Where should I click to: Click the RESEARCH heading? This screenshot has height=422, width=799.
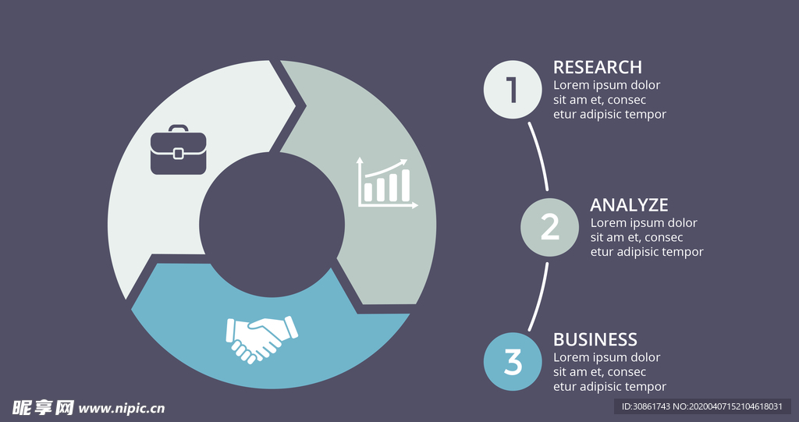click(x=598, y=67)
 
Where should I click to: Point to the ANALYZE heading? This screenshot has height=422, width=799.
click(x=629, y=205)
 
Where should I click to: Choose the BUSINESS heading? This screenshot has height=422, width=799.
click(x=595, y=339)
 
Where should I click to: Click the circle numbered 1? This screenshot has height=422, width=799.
click(x=513, y=90)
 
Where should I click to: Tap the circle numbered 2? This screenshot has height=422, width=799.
click(x=550, y=227)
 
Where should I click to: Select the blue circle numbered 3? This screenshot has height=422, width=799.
click(x=513, y=362)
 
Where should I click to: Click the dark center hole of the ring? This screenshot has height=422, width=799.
click(x=272, y=225)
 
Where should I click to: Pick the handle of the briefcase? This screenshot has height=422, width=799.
click(x=179, y=128)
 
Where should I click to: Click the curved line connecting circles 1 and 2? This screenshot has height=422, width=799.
click(x=539, y=155)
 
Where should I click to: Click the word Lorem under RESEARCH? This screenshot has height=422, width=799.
click(x=571, y=85)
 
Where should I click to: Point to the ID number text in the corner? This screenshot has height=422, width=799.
click(x=701, y=407)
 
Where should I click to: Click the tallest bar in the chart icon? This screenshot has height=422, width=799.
click(x=406, y=186)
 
